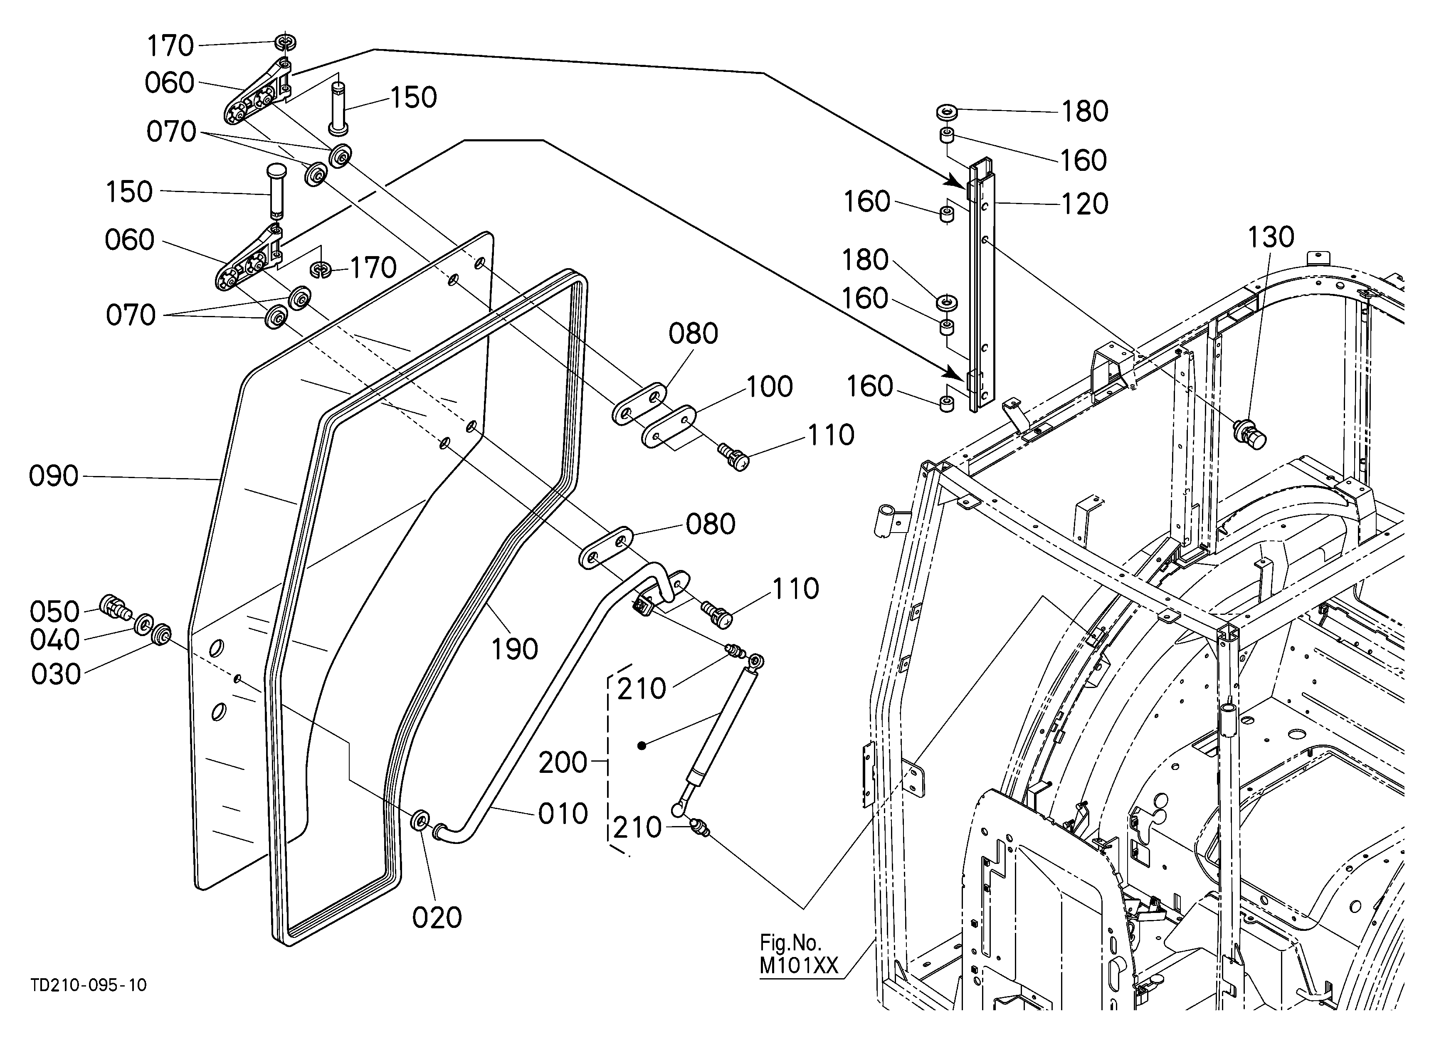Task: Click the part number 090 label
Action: pos(54,476)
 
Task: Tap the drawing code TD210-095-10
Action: pos(89,985)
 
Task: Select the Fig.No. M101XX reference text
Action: pos(799,955)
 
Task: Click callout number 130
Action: pos(1271,238)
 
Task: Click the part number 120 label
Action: pos(1084,204)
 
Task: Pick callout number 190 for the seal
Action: pos(515,649)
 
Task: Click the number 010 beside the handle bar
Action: pos(563,814)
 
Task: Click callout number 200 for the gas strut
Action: pos(563,763)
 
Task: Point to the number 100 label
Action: pos(770,387)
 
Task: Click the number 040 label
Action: pos(55,640)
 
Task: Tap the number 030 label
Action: pos(56,674)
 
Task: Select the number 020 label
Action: pos(437,918)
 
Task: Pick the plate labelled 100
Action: pos(668,427)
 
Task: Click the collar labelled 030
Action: pos(162,634)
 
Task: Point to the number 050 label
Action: pos(55,612)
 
